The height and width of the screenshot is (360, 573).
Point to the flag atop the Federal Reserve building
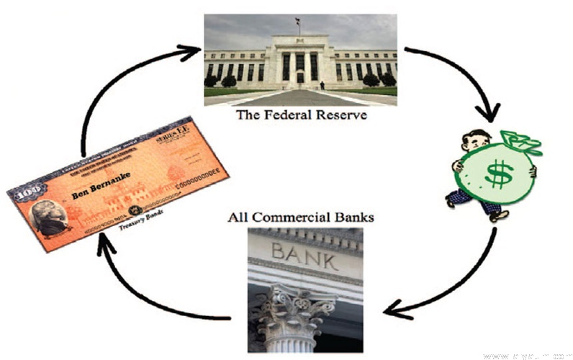click(297, 22)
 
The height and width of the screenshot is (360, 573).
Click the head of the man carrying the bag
click(472, 141)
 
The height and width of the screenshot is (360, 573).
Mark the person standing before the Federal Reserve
click(322, 86)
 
